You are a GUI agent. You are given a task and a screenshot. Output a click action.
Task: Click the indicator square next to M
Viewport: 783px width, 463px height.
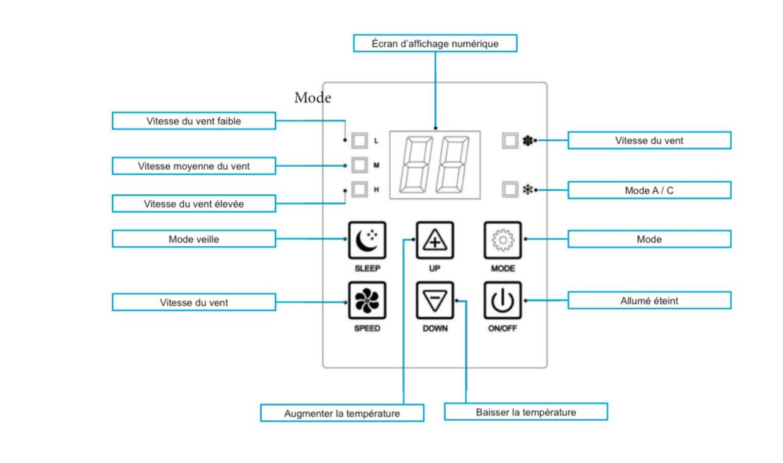pos(360,165)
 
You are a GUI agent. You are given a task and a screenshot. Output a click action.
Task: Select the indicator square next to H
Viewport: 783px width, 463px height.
pos(360,189)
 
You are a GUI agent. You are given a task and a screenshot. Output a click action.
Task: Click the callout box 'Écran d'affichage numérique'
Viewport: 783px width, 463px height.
pos(435,43)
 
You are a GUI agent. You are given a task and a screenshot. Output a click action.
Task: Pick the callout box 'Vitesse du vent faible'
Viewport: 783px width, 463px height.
pos(194,121)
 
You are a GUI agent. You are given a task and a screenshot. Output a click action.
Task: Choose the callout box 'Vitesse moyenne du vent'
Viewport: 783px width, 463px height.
pos(194,165)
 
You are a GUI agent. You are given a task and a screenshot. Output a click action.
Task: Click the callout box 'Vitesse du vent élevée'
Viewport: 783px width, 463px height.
pos(194,203)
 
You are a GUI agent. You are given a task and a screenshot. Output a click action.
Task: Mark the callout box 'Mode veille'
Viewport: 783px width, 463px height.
pos(194,239)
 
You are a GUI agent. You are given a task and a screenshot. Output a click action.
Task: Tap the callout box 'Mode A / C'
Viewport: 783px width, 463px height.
pos(649,190)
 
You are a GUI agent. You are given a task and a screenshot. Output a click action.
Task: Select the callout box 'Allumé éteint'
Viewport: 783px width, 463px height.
pos(649,300)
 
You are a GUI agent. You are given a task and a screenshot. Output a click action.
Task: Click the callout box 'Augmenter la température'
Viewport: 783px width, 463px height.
pos(342,413)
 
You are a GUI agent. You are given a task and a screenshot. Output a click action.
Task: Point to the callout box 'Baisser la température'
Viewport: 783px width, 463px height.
pos(526,412)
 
